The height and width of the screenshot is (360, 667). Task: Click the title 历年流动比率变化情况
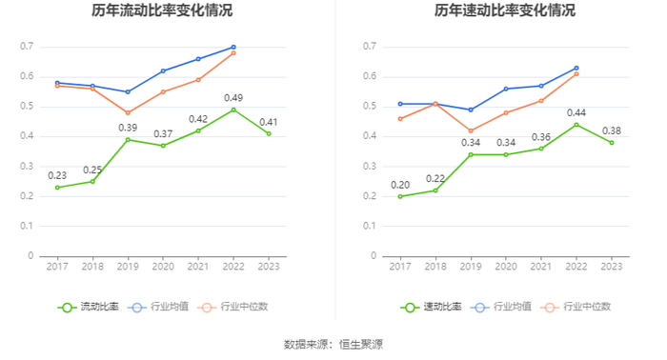(x=162, y=10)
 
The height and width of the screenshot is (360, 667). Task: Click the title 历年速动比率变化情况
(x=505, y=10)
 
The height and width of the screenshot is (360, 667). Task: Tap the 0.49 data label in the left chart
(x=233, y=98)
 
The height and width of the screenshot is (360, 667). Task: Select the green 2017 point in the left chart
(x=57, y=188)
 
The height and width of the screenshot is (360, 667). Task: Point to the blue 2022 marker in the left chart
(x=233, y=48)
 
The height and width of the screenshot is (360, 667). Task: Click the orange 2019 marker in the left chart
(x=128, y=113)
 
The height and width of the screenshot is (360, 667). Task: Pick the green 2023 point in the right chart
(x=612, y=143)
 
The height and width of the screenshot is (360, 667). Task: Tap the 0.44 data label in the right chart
(x=576, y=113)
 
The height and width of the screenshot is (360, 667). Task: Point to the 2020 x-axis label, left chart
(x=163, y=267)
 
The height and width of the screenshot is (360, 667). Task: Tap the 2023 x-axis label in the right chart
(x=612, y=267)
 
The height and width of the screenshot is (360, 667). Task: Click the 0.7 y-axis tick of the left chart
(x=27, y=47)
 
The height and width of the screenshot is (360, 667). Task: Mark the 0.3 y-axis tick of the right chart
(x=370, y=166)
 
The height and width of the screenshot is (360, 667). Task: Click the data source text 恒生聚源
(x=361, y=344)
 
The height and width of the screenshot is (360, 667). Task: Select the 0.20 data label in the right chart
(x=400, y=186)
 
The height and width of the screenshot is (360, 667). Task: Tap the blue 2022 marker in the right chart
(x=576, y=68)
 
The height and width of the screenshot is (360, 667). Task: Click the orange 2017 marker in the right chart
(x=400, y=119)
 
